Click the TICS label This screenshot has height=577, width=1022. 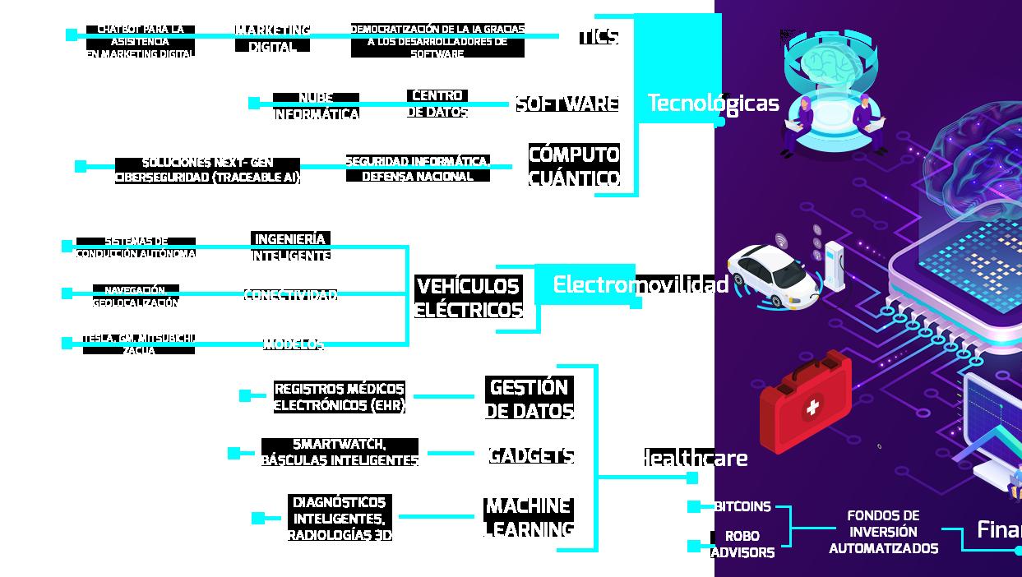click(598, 36)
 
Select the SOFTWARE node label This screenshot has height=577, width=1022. click(566, 104)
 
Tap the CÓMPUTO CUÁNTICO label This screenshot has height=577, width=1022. click(574, 166)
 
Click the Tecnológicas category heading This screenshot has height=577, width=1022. click(713, 103)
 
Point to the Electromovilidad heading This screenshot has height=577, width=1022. click(640, 284)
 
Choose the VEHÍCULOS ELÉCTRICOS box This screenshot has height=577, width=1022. click(469, 298)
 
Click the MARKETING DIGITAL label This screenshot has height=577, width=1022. click(272, 38)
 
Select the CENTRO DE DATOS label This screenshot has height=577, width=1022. click(437, 104)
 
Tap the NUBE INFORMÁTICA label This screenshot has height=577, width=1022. click(316, 106)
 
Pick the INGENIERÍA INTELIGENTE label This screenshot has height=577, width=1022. click(290, 247)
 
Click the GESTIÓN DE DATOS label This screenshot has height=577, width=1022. click(529, 399)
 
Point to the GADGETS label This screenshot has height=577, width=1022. click(530, 455)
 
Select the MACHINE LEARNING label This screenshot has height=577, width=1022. click(529, 517)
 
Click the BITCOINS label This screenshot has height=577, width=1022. click(742, 506)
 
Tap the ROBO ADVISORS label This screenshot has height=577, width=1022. click(742, 544)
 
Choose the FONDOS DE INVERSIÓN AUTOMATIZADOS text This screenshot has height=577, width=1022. click(883, 532)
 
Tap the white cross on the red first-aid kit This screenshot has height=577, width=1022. click(813, 407)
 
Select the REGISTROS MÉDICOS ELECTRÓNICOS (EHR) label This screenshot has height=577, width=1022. click(339, 396)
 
